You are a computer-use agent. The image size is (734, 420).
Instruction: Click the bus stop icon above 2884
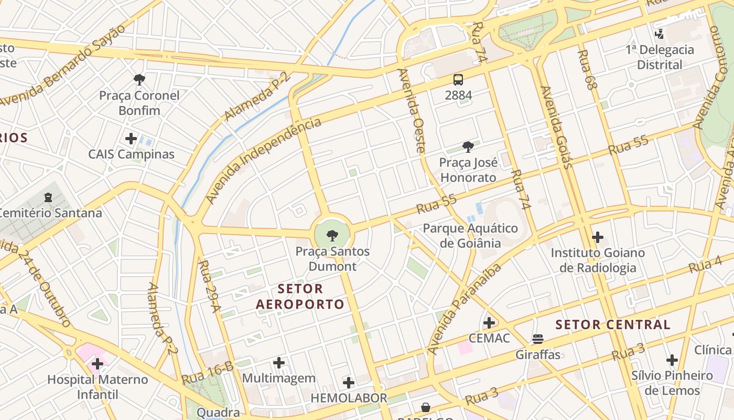[458, 80]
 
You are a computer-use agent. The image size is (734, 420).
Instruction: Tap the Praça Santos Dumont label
[332, 259]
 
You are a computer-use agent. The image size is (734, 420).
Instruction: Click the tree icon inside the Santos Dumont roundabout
[332, 235]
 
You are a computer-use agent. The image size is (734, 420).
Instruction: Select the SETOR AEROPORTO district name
[300, 297]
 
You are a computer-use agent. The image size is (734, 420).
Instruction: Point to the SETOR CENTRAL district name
[613, 324]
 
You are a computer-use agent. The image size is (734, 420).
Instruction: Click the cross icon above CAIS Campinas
[131, 139]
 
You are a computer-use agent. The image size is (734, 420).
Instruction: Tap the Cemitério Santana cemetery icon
[49, 197]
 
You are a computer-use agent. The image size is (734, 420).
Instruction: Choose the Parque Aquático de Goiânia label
[470, 236]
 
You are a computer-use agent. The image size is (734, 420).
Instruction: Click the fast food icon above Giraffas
[538, 339]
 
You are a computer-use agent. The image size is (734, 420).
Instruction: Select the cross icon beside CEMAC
[489, 322]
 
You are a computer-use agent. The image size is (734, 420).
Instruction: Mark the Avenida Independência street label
[263, 161]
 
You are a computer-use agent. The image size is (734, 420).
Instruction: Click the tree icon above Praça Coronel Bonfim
[139, 80]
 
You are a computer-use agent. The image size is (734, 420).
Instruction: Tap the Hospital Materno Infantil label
[98, 387]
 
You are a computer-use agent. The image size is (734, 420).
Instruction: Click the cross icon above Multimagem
[279, 362]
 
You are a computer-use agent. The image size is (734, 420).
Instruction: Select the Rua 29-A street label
[210, 287]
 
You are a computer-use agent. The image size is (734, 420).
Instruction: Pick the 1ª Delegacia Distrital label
[660, 57]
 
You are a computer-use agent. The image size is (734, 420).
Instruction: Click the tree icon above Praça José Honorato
[468, 147]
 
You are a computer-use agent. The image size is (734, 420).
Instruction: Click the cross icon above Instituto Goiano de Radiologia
[598, 237]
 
